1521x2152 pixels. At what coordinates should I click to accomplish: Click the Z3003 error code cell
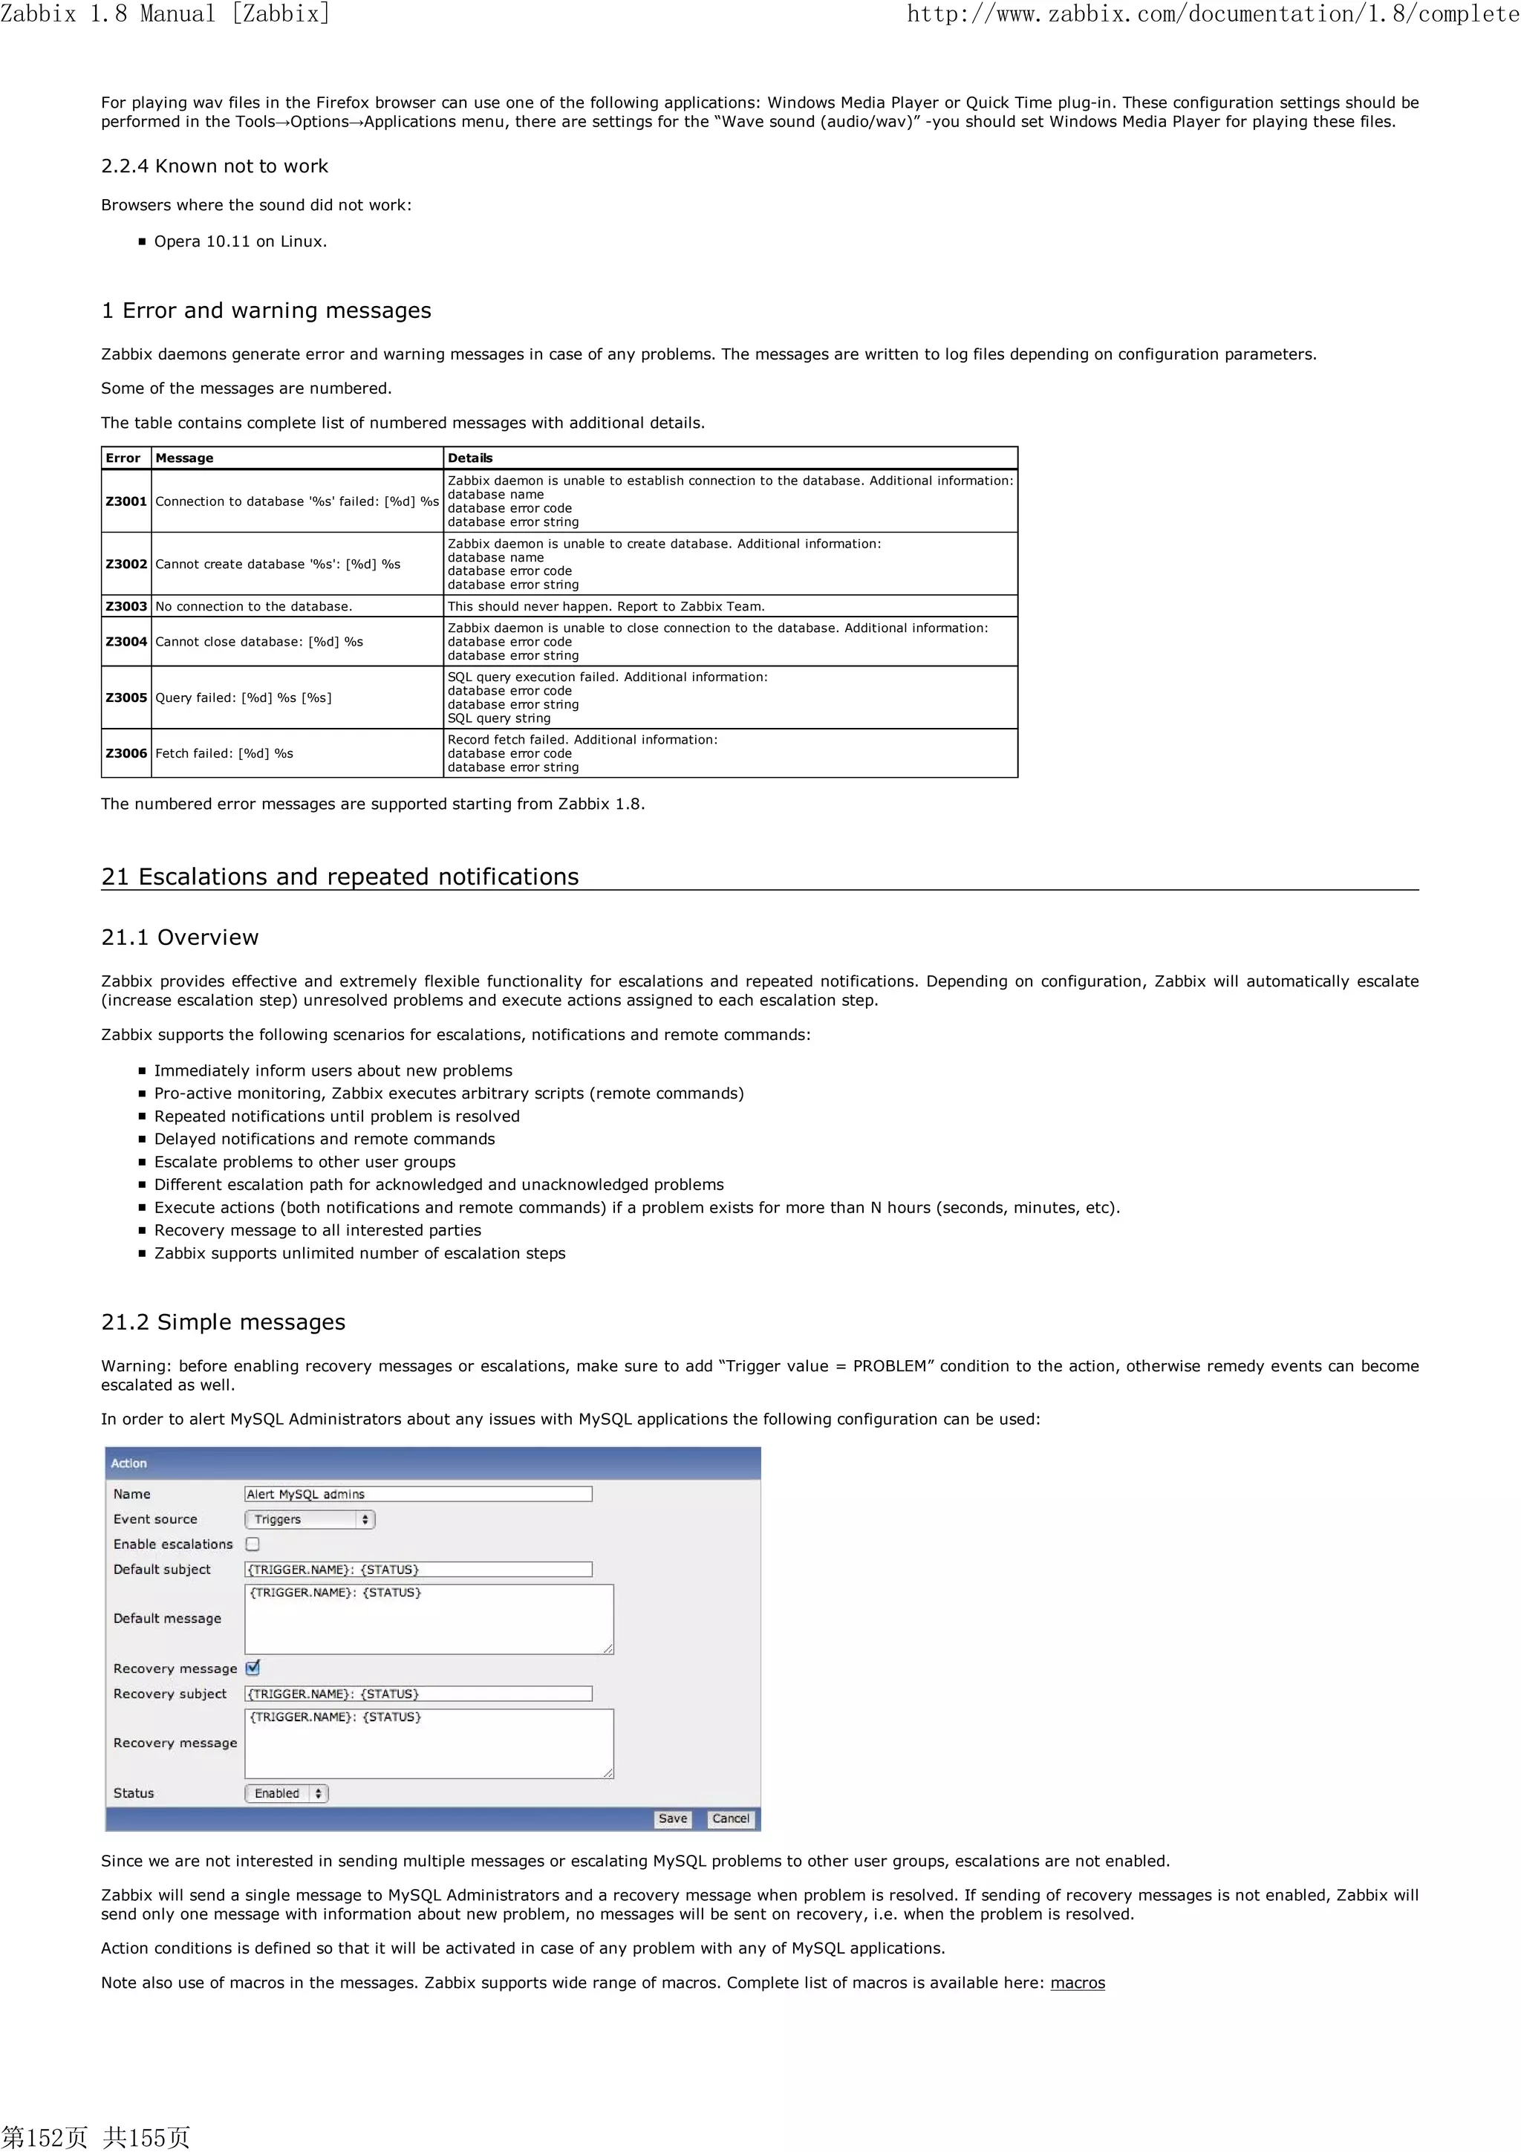coord(126,606)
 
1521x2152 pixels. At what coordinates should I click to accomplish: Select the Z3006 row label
coord(126,753)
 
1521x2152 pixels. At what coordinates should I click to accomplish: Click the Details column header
coord(469,458)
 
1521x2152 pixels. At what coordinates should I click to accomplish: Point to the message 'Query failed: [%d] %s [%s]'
coord(244,698)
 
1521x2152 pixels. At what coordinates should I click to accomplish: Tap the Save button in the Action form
coord(672,1818)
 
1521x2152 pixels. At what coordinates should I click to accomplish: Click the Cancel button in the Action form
coord(730,1818)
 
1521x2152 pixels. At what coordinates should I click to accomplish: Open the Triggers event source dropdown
coord(309,1519)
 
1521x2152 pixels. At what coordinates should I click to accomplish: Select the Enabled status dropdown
coord(286,1793)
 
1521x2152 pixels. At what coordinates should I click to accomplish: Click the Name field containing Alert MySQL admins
coord(418,1494)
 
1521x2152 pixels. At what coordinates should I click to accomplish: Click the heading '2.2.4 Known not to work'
coord(215,166)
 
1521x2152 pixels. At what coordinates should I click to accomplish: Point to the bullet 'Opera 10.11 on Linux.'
coord(240,241)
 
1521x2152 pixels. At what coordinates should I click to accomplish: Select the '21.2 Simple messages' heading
coord(223,1322)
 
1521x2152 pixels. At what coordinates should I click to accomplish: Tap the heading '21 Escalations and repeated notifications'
coord(339,877)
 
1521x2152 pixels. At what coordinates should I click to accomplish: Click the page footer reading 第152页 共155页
coord(96,2136)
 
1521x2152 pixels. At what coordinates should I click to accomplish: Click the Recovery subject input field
coord(418,1694)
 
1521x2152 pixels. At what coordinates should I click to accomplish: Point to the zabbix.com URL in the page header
coord(1213,14)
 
